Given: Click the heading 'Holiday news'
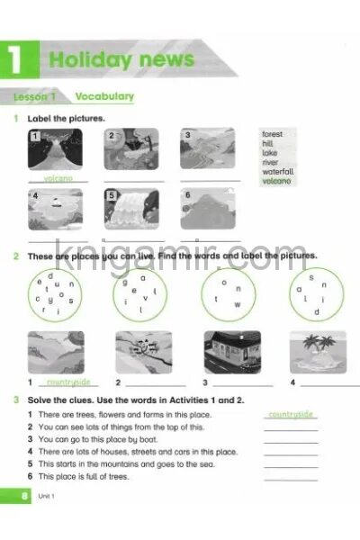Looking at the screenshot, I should point(121,60).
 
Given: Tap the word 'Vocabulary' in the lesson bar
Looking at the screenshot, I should point(104,96).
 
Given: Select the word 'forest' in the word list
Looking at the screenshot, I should point(272,134).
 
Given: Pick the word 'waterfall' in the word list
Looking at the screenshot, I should point(278,171).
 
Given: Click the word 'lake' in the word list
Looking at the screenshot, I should point(269,153).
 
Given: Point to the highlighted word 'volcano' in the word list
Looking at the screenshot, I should point(276,181).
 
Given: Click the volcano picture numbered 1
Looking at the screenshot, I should point(55,149).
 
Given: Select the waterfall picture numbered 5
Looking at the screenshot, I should point(131,210).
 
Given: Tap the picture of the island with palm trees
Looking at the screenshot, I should point(317,352).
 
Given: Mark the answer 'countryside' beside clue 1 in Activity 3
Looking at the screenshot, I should point(291,414).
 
